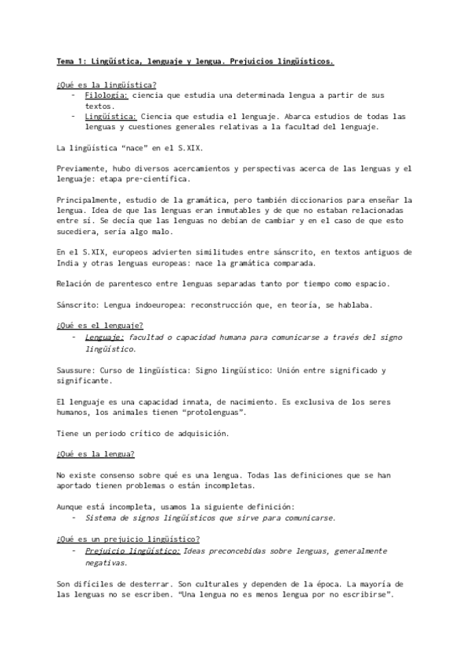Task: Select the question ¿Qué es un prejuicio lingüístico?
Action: (128, 539)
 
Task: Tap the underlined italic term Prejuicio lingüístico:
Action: (132, 551)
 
